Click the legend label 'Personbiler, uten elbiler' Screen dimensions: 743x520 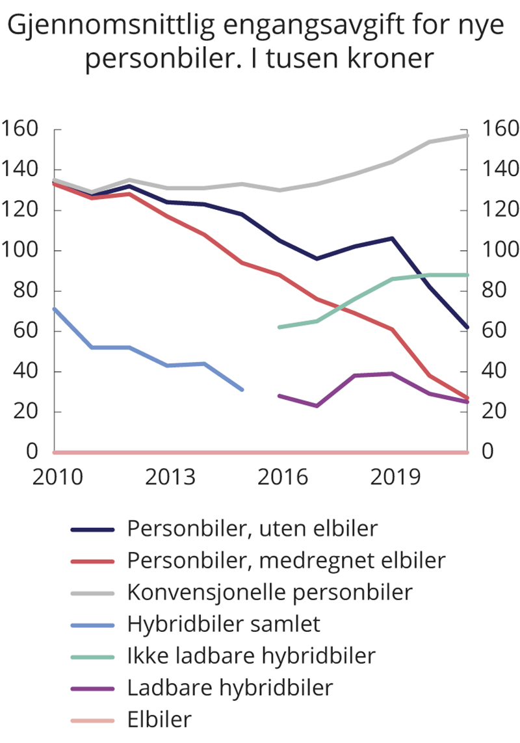click(252, 528)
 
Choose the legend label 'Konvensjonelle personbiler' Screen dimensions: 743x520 click(270, 592)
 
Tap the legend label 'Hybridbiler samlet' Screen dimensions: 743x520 click(224, 624)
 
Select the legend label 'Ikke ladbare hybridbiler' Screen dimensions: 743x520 click(251, 656)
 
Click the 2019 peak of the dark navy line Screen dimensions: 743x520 click(393, 239)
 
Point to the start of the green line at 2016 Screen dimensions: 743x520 click(279, 327)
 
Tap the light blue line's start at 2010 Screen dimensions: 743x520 click(55, 309)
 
